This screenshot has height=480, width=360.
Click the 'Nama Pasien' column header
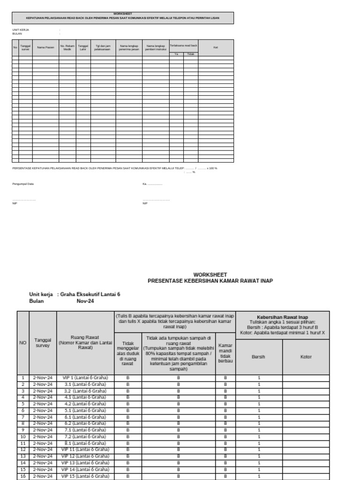(45, 47)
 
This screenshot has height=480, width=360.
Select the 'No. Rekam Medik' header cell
(67, 47)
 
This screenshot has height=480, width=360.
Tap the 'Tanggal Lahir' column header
(83, 47)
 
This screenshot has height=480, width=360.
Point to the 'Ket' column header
(216, 47)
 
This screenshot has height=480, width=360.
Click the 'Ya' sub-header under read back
(176, 54)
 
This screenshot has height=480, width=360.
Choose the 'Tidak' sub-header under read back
(190, 54)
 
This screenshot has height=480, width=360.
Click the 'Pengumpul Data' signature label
(23, 184)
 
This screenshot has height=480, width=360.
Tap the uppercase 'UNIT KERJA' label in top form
(21, 30)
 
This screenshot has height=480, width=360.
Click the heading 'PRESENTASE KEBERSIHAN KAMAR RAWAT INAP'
(210, 281)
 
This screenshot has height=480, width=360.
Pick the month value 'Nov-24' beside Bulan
(85, 301)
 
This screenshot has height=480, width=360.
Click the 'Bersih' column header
(259, 357)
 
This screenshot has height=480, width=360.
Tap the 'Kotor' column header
(306, 357)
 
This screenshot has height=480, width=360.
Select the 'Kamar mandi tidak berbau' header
(225, 353)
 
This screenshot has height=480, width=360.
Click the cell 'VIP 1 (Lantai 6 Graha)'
(85, 377)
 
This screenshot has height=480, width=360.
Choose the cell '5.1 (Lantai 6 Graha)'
(85, 410)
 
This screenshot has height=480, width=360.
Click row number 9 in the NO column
(22, 430)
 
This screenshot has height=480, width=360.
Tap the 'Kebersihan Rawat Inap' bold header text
(282, 317)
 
